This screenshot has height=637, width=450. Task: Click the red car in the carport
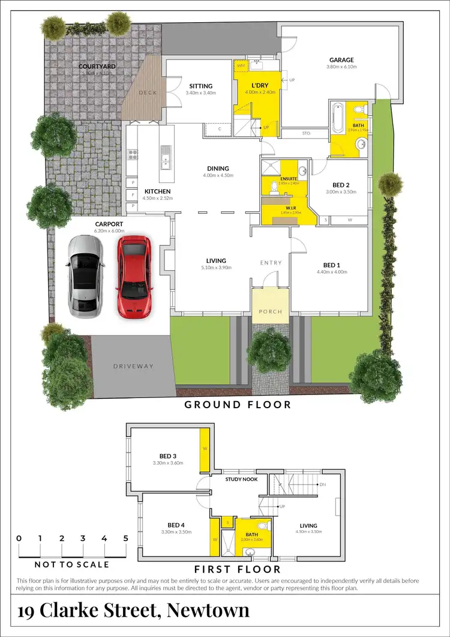tap(134, 276)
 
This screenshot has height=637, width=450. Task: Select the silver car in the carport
tap(84, 276)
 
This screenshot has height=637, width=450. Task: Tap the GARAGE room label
tap(341, 60)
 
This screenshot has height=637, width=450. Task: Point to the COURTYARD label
tap(97, 67)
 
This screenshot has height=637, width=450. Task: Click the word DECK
tap(147, 93)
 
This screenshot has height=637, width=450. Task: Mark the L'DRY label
tap(259, 86)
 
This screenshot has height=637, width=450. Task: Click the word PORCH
tap(270, 312)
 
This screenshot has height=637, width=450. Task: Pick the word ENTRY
tap(271, 263)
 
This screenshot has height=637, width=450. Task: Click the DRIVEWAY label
tap(133, 366)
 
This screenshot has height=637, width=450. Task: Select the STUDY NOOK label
tap(241, 480)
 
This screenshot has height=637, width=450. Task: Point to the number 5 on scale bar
tap(125, 539)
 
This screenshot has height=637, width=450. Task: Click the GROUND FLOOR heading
tap(238, 405)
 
